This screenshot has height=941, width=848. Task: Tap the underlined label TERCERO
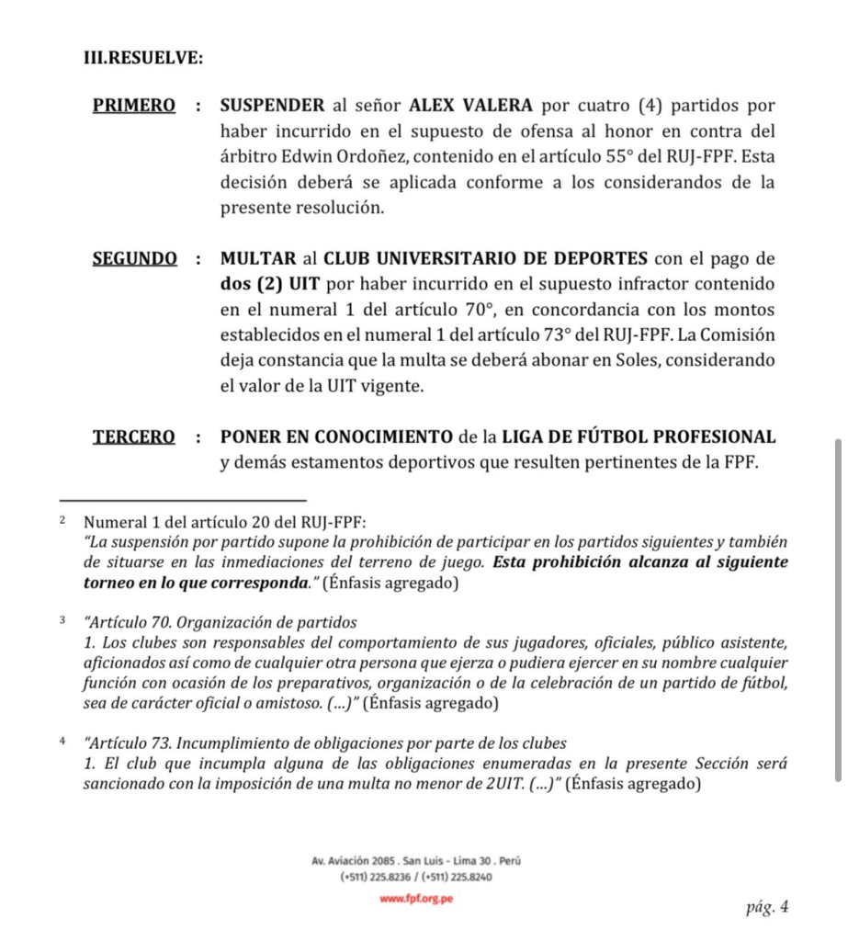[134, 436]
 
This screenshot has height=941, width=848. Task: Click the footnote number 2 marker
[62, 520]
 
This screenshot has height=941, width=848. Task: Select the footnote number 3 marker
[62, 620]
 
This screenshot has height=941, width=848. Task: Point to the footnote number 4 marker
[62, 740]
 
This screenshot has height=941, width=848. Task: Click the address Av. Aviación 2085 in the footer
[356, 861]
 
